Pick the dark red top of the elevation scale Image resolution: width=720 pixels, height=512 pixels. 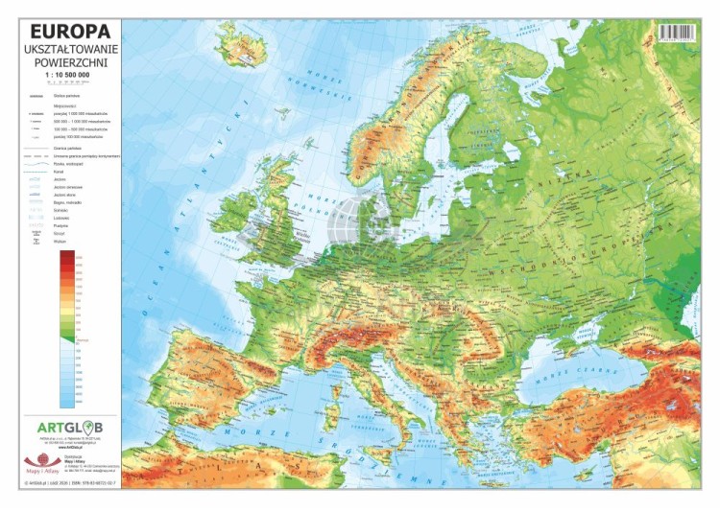pyautogui.click(x=66, y=257)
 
